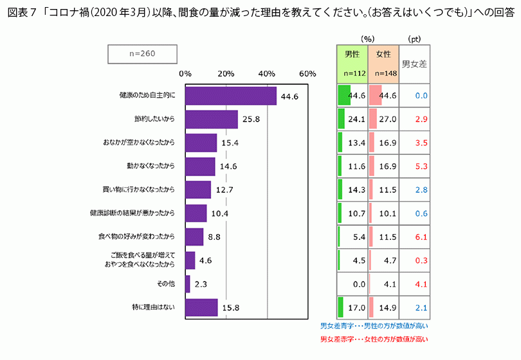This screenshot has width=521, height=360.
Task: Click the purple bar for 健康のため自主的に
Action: point(230,96)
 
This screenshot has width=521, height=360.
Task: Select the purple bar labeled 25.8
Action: point(211,120)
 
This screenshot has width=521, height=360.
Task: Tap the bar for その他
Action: point(187,283)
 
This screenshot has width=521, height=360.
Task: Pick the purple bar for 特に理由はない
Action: point(201,307)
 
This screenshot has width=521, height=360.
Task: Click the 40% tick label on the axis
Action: point(266,74)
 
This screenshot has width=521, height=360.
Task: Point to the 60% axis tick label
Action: point(307,74)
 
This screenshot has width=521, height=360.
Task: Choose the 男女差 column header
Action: point(415,64)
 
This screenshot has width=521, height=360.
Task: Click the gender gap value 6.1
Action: point(421,237)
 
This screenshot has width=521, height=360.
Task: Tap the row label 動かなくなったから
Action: point(151,166)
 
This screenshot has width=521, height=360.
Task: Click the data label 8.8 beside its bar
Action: point(215,237)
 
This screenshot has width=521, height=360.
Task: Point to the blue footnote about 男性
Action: point(374,325)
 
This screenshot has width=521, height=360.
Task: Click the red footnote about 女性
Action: point(374,339)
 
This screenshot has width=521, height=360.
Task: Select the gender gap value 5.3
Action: point(421,166)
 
